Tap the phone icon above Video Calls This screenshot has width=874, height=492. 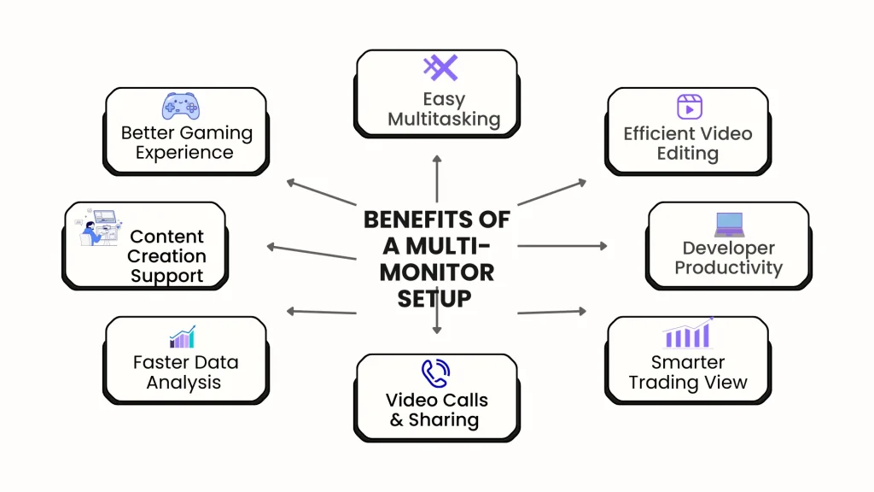pos(436,373)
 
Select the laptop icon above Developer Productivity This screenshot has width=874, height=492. pos(730,225)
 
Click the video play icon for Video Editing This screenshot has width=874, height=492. pos(689,107)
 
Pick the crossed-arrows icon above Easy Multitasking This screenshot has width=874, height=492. pos(440,68)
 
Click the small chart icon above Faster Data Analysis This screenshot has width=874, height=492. pos(183,337)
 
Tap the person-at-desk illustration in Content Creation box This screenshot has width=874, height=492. pos(96,228)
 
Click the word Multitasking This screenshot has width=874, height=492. pos(444,119)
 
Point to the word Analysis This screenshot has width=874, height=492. pos(184,382)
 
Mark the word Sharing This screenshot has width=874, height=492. pos(443,419)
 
